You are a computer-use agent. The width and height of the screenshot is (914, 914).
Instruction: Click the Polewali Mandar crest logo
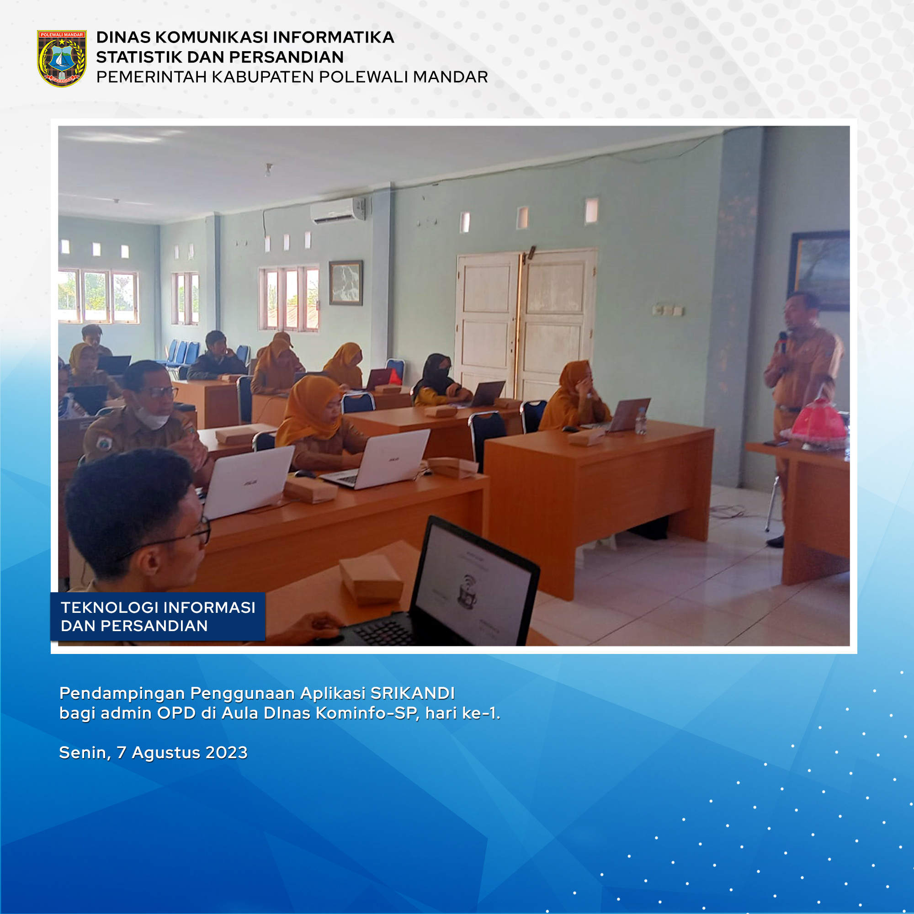click(62, 58)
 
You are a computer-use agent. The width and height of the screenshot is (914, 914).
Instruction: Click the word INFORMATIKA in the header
click(334, 37)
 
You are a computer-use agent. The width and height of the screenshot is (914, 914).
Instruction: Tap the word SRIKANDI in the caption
click(413, 693)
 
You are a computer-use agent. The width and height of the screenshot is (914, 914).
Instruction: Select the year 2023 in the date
click(227, 752)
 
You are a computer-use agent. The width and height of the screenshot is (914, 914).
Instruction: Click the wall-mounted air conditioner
click(338, 211)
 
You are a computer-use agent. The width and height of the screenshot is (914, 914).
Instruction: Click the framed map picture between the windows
click(346, 283)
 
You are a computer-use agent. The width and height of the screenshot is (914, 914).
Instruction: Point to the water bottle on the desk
click(641, 421)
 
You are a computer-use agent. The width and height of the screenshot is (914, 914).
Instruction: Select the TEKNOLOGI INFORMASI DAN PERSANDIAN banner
click(158, 616)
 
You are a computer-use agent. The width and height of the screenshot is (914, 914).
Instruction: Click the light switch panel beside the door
click(668, 310)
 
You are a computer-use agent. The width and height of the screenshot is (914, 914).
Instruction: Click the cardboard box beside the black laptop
click(372, 580)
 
